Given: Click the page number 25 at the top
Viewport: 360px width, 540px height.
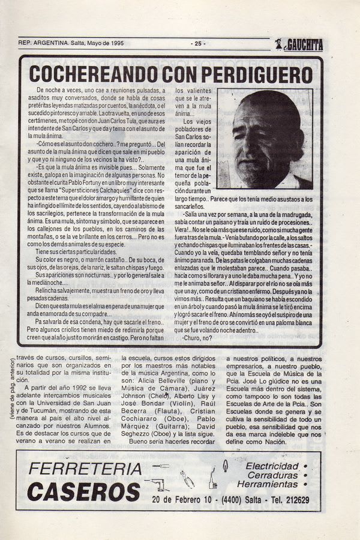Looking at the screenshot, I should pos(199,43).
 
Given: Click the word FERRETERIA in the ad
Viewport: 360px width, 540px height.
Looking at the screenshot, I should pos(85,469).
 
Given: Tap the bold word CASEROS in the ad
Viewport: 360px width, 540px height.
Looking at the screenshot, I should pos(84,491).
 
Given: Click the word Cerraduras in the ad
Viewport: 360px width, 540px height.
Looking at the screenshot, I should pos(272,475).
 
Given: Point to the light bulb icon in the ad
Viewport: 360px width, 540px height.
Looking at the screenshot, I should pos(225,466).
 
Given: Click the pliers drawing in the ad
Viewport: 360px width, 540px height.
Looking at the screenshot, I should pos(187,479).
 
